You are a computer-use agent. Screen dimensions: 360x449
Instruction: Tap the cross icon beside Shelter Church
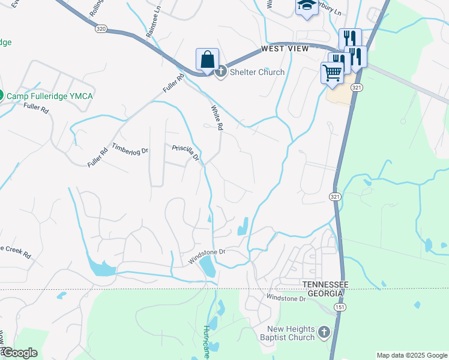click(x=220, y=72)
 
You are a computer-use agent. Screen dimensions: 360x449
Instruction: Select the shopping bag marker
click(x=207, y=60)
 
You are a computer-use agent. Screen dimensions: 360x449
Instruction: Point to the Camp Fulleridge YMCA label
click(x=50, y=95)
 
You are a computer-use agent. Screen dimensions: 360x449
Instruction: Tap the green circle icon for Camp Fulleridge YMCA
click(x=1, y=95)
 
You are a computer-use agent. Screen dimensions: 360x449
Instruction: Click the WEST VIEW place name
click(x=285, y=48)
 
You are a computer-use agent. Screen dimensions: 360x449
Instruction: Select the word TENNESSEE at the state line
click(x=324, y=284)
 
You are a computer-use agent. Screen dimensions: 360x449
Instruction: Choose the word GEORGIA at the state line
click(x=322, y=293)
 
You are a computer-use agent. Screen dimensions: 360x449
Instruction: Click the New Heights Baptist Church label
click(x=292, y=333)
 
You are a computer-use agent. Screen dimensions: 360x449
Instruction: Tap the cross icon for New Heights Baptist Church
click(x=324, y=332)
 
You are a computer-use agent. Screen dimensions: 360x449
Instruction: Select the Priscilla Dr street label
click(x=185, y=154)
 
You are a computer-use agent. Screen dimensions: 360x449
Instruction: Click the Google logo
click(x=19, y=353)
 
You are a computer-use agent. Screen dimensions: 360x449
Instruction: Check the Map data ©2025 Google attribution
click(x=411, y=355)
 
